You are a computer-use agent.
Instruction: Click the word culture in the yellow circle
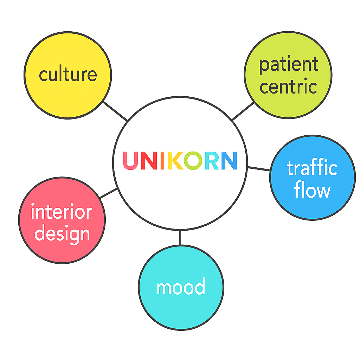pos(68,75)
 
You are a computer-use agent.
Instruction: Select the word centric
pos(289,86)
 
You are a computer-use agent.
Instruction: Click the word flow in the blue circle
pos(312,191)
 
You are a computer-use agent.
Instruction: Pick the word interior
pos(62,212)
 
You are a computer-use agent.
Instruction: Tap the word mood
pos(181,287)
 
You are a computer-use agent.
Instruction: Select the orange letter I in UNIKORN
pos(162,160)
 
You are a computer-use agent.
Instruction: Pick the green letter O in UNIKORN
pos(193,160)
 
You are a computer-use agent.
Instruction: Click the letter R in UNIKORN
pos(211,160)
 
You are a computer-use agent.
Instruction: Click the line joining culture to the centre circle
pos(115,111)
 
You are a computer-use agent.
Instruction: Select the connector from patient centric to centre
pos(243,111)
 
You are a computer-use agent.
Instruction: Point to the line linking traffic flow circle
pos(259,169)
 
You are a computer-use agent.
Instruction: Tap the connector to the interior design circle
pos(109,193)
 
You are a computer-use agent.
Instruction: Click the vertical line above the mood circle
pos(180,237)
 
